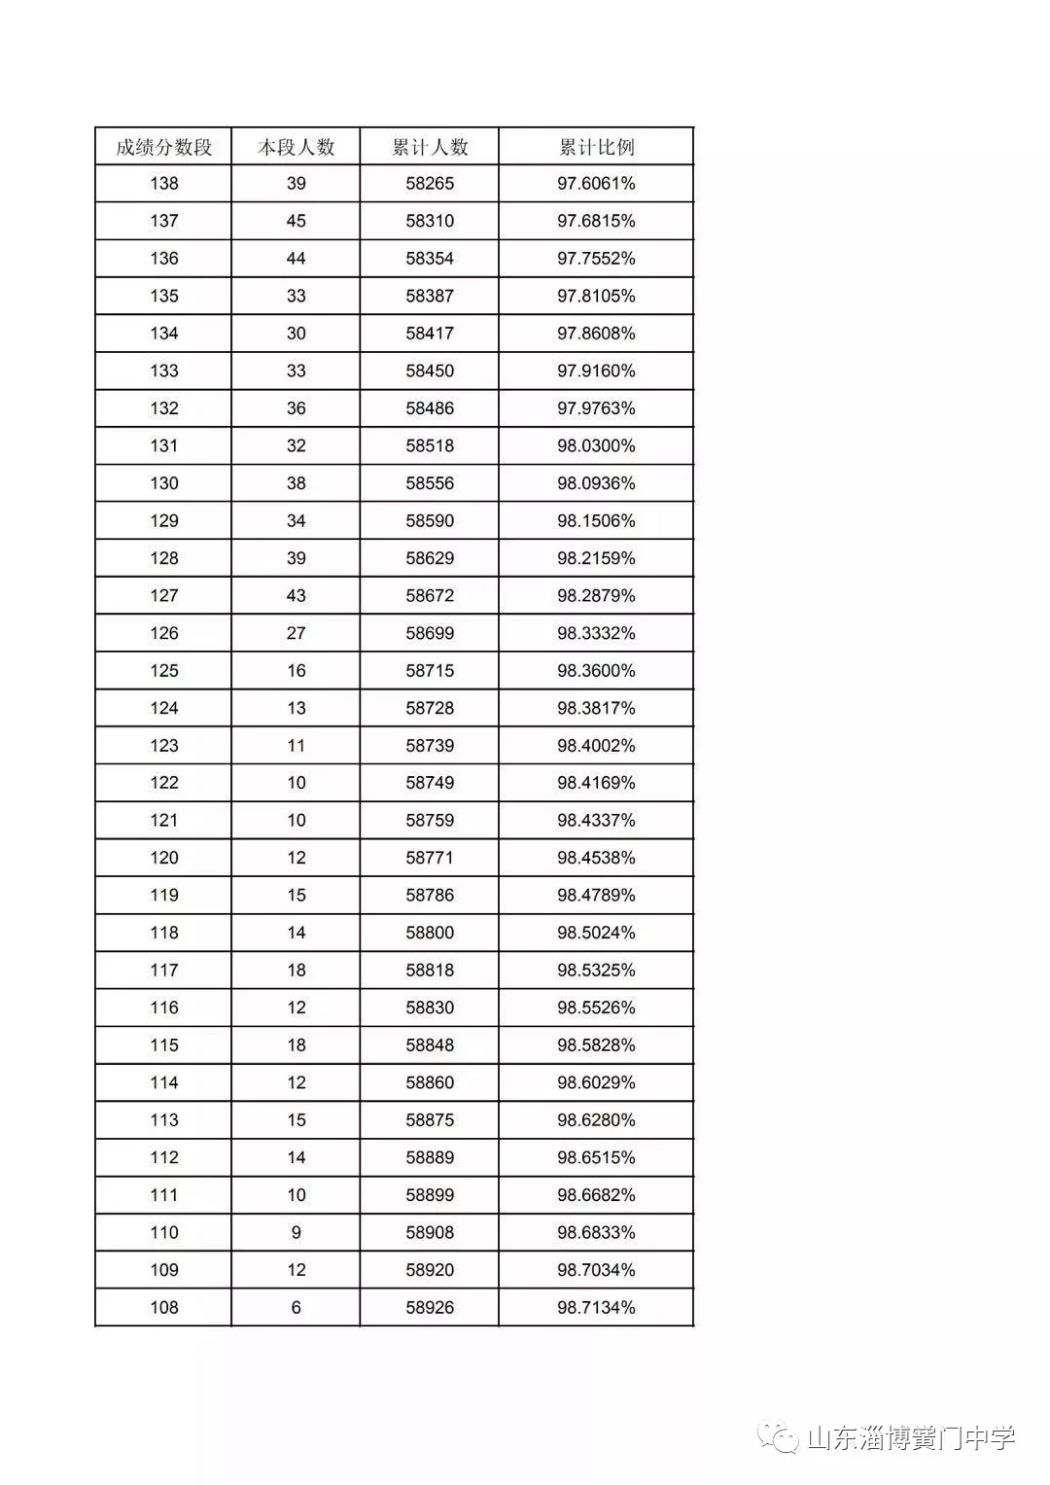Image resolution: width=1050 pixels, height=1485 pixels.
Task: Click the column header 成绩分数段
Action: [x=163, y=147]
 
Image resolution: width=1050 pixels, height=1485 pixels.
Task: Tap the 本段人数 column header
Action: [x=296, y=147]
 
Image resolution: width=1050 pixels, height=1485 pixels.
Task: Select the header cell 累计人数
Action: [x=430, y=147]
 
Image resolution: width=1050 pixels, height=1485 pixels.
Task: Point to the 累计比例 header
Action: [x=596, y=147]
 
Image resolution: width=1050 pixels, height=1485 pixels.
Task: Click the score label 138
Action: [x=163, y=184]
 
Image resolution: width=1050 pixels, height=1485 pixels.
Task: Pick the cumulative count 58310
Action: [x=430, y=222]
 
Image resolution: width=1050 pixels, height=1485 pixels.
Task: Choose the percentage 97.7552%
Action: [x=596, y=259]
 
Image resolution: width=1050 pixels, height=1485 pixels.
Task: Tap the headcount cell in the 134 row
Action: [x=296, y=334]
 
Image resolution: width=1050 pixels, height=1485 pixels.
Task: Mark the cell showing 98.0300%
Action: [x=596, y=446]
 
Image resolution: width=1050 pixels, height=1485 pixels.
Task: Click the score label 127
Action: [x=163, y=596]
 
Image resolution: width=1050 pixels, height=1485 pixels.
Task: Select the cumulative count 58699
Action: [x=430, y=633]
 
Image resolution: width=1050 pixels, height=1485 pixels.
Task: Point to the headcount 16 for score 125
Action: [x=296, y=671]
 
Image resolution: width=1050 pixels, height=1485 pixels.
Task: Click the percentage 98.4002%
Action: [x=596, y=746]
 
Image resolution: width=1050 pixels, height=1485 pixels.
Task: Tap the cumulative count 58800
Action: [x=430, y=933]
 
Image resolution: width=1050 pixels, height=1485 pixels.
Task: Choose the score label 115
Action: [x=163, y=1045]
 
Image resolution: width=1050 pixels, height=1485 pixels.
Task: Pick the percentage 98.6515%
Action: [x=596, y=1157]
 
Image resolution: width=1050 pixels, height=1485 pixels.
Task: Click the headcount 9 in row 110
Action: [x=296, y=1232]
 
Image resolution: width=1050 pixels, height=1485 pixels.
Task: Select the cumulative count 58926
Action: [x=430, y=1307]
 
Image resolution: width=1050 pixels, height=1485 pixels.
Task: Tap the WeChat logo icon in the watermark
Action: [x=780, y=1437]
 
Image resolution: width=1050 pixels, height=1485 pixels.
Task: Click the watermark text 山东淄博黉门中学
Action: [x=911, y=1438]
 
